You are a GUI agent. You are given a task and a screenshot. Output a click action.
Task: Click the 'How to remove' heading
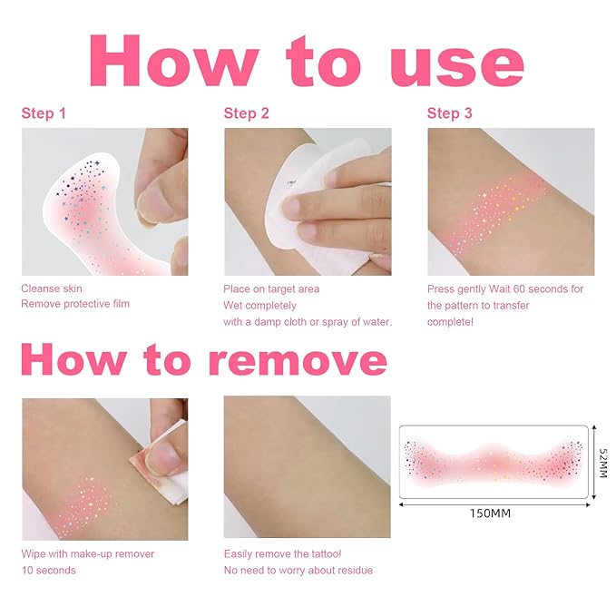point(204,360)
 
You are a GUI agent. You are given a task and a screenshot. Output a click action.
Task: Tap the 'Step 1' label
point(44,113)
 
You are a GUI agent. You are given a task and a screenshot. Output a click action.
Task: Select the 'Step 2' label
point(247,113)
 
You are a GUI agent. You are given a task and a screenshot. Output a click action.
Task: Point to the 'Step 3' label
point(450,113)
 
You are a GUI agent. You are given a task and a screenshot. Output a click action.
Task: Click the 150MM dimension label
point(491,513)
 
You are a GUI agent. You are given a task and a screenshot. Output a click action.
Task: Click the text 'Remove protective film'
point(75,304)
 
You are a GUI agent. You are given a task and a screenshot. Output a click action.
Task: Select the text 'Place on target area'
point(271,289)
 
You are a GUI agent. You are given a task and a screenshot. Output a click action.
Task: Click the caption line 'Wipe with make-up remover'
point(88,553)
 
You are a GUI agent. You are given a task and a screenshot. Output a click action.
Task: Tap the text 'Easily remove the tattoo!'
point(281,553)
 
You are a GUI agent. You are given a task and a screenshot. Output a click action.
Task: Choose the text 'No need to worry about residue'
point(298,570)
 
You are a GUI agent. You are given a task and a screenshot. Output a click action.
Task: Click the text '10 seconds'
point(49,570)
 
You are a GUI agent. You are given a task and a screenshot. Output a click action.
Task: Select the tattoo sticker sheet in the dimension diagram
point(494,461)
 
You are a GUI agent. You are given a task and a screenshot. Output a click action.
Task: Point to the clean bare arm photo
point(307,467)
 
